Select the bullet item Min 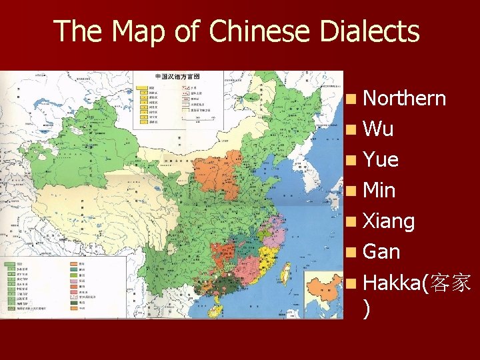[x=380, y=191]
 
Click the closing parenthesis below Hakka [x=368, y=307]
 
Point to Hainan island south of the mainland [x=217, y=309]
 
